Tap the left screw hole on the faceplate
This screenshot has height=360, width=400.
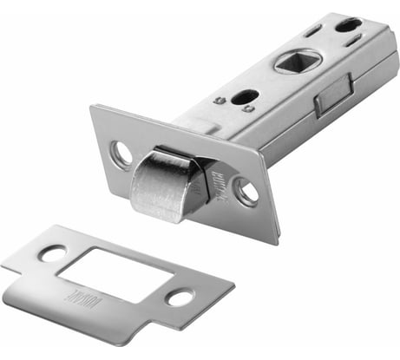(121, 154)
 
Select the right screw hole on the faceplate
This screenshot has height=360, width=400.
(246, 192)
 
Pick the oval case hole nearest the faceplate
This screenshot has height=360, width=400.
(245, 97)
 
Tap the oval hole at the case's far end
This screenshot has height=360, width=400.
(349, 24)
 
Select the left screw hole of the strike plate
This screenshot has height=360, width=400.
(53, 253)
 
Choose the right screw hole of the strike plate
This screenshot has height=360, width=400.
(180, 298)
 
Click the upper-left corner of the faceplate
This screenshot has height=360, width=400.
(94, 108)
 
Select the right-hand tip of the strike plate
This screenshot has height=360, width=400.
(233, 285)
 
